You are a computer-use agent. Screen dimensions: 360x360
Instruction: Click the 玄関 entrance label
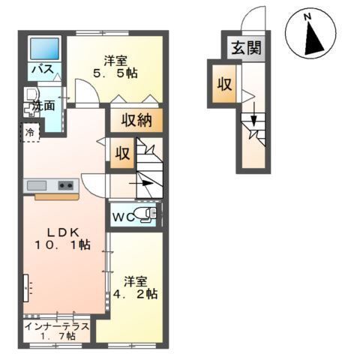click(x=246, y=48)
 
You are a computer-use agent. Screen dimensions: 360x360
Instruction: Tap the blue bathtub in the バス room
click(x=44, y=49)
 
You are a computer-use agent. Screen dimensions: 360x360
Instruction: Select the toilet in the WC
click(x=145, y=214)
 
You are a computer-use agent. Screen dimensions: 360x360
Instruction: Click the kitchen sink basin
click(x=37, y=186)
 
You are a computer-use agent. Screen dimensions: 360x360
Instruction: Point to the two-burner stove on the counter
click(x=66, y=185)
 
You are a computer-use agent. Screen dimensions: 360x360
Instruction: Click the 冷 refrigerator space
click(x=30, y=133)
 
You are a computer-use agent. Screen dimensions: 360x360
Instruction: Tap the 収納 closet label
click(x=136, y=120)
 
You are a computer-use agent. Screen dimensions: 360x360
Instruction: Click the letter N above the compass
click(x=307, y=17)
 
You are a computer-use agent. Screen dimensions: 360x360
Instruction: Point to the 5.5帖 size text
click(x=115, y=73)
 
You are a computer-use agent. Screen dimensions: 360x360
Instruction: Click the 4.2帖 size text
click(x=135, y=294)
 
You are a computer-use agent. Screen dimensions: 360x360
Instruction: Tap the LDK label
click(x=64, y=232)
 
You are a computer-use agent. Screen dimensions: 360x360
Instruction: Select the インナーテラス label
click(x=57, y=326)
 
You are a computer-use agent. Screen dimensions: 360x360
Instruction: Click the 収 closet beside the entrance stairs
click(x=224, y=84)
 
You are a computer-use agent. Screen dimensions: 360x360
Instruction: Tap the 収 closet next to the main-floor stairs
click(x=122, y=153)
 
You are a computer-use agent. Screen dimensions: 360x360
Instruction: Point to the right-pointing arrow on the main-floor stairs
click(x=141, y=183)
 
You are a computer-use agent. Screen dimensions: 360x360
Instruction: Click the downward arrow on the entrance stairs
click(x=253, y=114)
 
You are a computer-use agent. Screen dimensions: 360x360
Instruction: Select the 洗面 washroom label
click(x=44, y=106)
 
